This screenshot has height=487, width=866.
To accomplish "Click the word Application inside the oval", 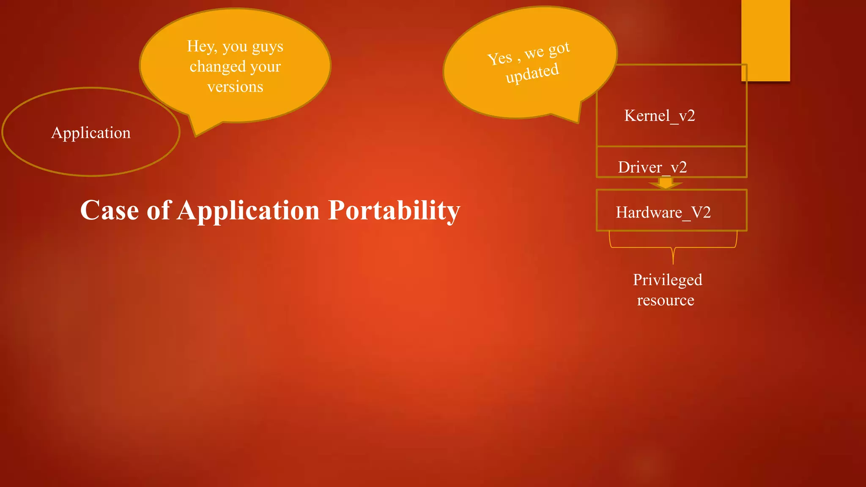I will (91, 133).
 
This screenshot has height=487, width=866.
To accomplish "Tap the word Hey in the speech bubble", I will (201, 47).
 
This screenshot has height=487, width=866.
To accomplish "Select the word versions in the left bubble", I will (235, 87).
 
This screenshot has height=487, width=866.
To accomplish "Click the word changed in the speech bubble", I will (217, 67).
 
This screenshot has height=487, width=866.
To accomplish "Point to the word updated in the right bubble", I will (532, 73).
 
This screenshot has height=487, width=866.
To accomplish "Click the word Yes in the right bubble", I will (499, 58).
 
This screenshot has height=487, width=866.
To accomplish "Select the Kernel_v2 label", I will (659, 115).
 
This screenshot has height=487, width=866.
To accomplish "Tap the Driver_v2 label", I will (652, 167).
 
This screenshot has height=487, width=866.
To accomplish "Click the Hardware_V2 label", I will (663, 212).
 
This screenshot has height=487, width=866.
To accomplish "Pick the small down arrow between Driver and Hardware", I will (666, 183).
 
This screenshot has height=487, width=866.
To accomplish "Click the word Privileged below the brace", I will (667, 280).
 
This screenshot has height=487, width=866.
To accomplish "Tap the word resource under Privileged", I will (666, 300).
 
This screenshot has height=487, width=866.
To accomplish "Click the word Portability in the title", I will (394, 210).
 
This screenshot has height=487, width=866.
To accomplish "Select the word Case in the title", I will (110, 210).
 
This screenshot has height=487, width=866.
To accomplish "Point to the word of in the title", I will (158, 210).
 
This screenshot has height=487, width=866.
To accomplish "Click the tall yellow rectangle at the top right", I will (765, 40).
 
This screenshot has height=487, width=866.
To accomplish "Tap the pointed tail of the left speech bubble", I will (196, 133).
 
